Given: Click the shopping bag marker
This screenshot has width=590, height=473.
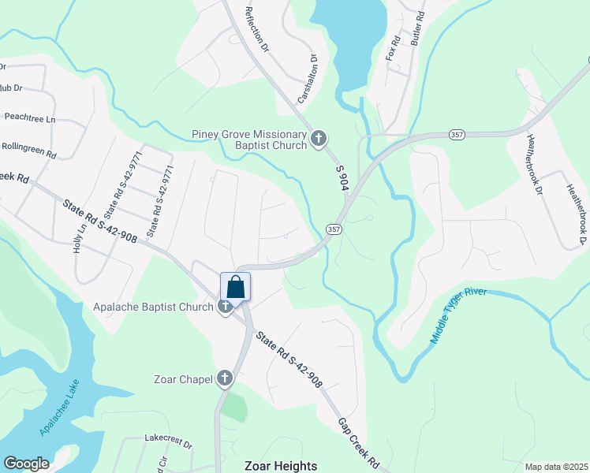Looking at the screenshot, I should click(x=236, y=286).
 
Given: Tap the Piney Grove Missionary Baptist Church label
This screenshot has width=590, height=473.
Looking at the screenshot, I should click(x=249, y=140).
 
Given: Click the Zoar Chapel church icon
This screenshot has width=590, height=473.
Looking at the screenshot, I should click(x=225, y=379).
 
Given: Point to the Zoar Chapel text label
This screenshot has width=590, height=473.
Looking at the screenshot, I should click(x=184, y=380).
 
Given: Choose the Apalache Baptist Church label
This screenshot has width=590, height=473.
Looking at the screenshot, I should click(x=153, y=307).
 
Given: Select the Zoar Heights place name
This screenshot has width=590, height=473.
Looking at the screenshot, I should click(x=281, y=466).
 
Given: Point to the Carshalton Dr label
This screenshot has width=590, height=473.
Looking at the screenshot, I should click(x=307, y=79).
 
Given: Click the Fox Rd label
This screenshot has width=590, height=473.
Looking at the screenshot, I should click(x=393, y=48).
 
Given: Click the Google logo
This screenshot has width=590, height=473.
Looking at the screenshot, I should click(x=26, y=464).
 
